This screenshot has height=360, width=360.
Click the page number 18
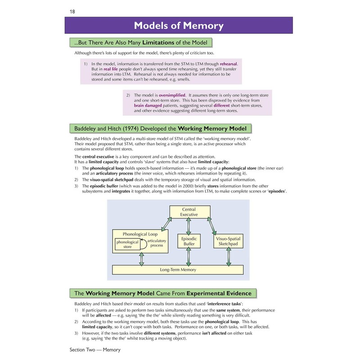(x=72, y=11)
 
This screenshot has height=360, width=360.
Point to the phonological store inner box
(x=127, y=244)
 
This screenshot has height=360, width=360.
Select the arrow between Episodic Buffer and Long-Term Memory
(x=189, y=257)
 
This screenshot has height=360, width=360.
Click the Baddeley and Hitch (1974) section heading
(x=160, y=128)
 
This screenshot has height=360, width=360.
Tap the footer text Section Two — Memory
(x=95, y=349)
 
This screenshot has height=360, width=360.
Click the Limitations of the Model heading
(x=140, y=43)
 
